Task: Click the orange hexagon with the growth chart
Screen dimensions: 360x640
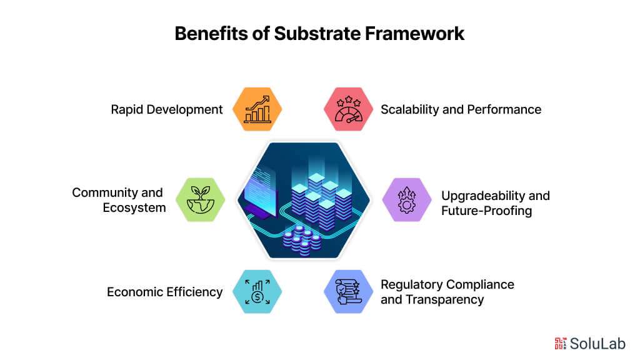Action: point(257,109)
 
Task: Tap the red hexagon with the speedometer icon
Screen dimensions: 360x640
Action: point(348,109)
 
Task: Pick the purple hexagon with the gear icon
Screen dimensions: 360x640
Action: point(406,199)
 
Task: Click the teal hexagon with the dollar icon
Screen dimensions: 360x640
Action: point(257,291)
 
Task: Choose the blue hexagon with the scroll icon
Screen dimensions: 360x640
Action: point(348,291)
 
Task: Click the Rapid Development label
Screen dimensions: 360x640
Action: point(167,109)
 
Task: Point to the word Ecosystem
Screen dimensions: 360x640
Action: point(134,207)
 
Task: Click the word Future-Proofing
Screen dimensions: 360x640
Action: point(486,211)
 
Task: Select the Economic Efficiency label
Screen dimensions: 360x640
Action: point(164,292)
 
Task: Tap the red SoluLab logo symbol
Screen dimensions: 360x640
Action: point(560,342)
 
